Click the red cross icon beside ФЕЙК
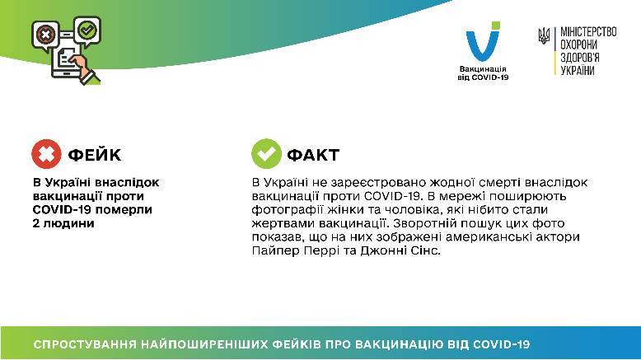[x=46, y=154]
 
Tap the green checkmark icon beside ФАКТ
[x=266, y=154]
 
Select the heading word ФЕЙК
[x=95, y=155]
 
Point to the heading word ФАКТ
[x=313, y=155]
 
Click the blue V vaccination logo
[x=483, y=41]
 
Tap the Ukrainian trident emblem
[x=544, y=36]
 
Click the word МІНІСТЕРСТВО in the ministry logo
[x=588, y=31]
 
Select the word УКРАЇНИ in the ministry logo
[x=578, y=70]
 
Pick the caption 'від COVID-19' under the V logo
[x=483, y=77]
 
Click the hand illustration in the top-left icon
[x=83, y=68]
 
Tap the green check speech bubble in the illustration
[x=87, y=30]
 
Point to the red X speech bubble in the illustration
[x=45, y=35]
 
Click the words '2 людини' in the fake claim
[x=63, y=223]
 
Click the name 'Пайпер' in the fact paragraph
[x=276, y=250]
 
